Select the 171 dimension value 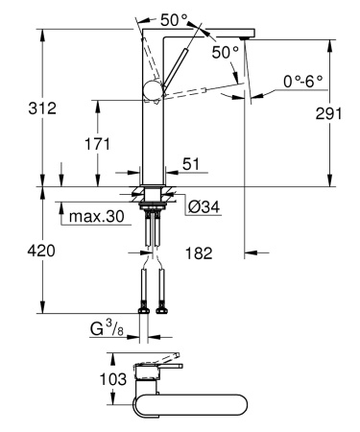coord(96,143)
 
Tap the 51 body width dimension coord(190,166)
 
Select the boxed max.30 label coord(96,218)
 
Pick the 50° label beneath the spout coord(225,53)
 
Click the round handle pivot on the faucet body coord(153,91)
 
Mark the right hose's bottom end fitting coord(161,308)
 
